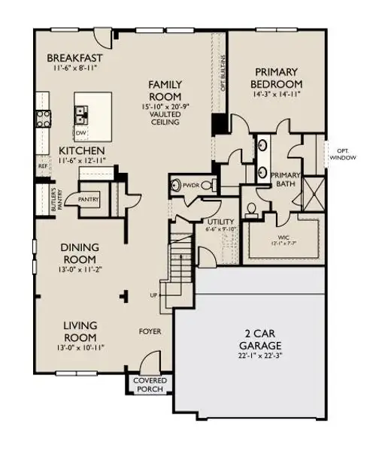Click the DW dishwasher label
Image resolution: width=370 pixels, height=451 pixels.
pos(80,132)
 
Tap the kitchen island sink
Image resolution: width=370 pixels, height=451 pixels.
pos(80,114)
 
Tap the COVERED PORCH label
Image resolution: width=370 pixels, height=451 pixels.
pos(149,384)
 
